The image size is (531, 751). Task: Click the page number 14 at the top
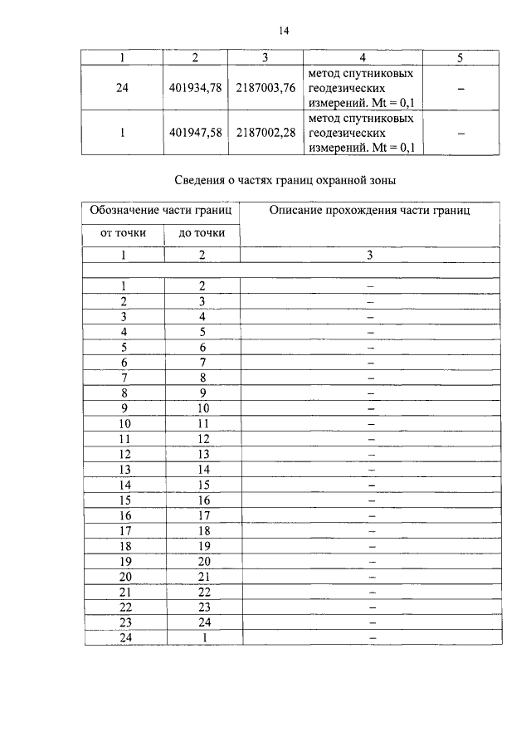coord(283,31)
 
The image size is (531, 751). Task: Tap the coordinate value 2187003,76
coord(265,89)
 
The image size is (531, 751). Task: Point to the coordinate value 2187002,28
coord(265,134)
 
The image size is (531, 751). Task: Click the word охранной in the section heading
coord(348,179)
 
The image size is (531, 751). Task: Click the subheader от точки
coord(123,233)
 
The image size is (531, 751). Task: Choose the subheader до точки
coord(202,233)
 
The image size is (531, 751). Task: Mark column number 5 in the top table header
coord(461,57)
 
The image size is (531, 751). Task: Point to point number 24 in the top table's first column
coord(123,89)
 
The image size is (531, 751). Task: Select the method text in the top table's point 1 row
coord(361,134)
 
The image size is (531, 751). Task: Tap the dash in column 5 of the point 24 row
coord(461,89)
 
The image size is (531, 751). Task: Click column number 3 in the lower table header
coord(370,256)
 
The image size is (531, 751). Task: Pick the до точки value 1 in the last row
coord(202,637)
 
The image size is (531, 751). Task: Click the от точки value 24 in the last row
coord(124,637)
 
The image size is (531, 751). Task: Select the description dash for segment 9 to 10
coord(371,409)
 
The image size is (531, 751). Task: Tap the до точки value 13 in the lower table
coord(202,454)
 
